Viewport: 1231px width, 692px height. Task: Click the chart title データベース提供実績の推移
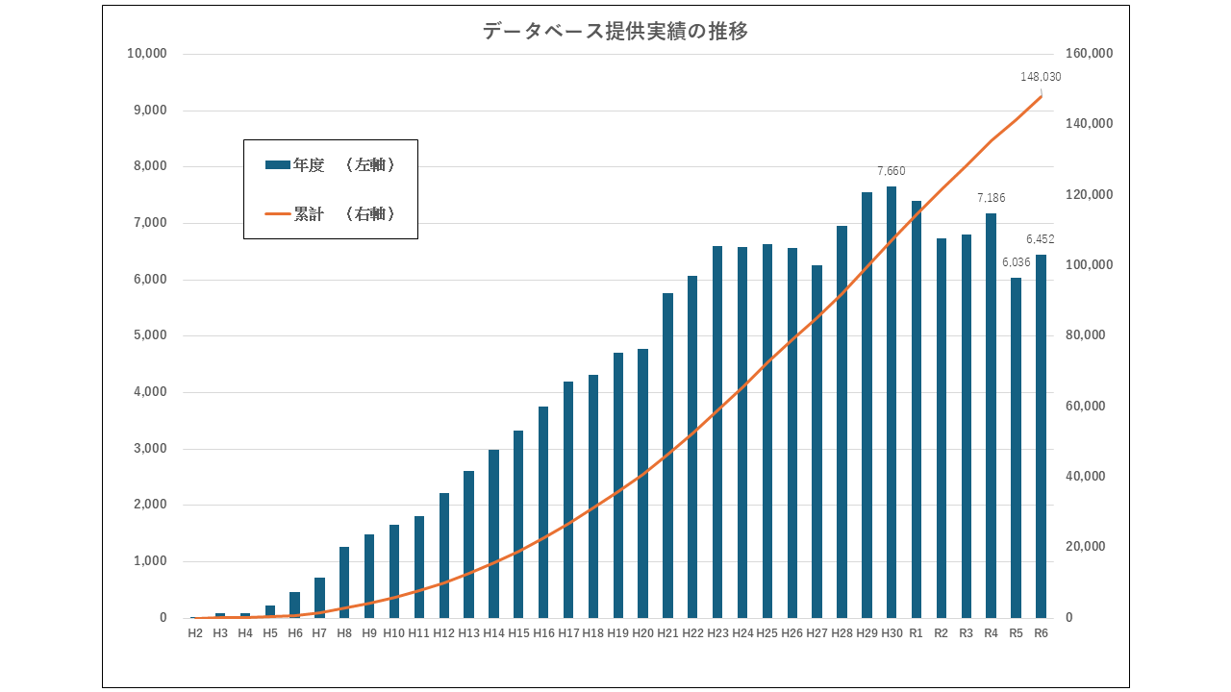pyautogui.click(x=615, y=31)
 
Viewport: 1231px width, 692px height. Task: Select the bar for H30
pyautogui.click(x=892, y=404)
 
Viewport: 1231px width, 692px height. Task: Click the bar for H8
pyautogui.click(x=344, y=582)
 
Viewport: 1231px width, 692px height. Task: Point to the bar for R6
pyautogui.click(x=1041, y=436)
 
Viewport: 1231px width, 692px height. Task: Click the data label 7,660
pyautogui.click(x=892, y=171)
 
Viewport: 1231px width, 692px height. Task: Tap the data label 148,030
pyautogui.click(x=1041, y=77)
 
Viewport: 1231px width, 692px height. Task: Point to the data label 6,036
pyautogui.click(x=1016, y=262)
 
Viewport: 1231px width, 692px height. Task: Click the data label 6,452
pyautogui.click(x=1041, y=239)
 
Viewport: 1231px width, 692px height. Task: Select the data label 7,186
pyautogui.click(x=991, y=198)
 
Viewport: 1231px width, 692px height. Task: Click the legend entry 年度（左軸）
pyautogui.click(x=331, y=165)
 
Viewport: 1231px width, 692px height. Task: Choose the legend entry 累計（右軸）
pyautogui.click(x=331, y=214)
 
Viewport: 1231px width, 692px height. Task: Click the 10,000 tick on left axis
pyautogui.click(x=147, y=54)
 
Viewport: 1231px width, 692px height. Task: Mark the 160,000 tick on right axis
pyautogui.click(x=1089, y=54)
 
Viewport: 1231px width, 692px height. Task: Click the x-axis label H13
pyautogui.click(x=468, y=633)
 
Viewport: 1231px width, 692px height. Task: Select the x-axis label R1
pyautogui.click(x=916, y=633)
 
